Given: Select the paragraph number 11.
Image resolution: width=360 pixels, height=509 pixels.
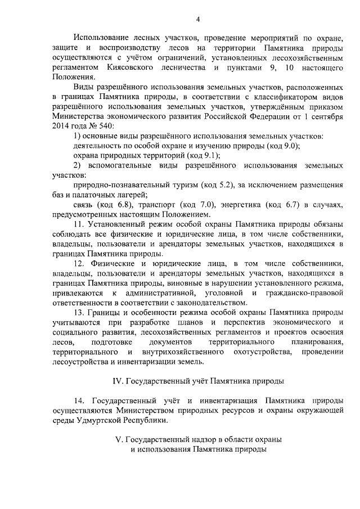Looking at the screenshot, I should click(x=78, y=225).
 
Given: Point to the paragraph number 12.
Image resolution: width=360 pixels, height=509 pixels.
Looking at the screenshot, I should click(x=79, y=264).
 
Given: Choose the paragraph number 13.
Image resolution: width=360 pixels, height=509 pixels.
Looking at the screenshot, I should click(x=79, y=312).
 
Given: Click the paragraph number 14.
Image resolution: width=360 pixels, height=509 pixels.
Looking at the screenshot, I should click(x=79, y=400).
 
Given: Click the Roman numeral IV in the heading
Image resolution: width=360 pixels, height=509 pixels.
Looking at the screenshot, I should click(x=118, y=381).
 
